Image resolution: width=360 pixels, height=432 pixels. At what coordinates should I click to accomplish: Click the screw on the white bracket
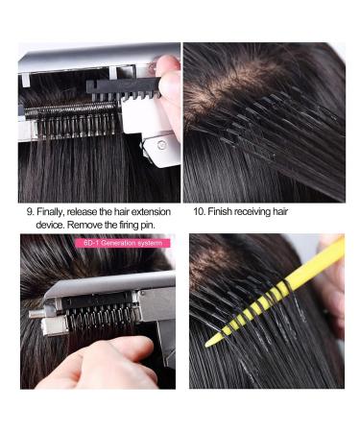click(145, 145)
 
